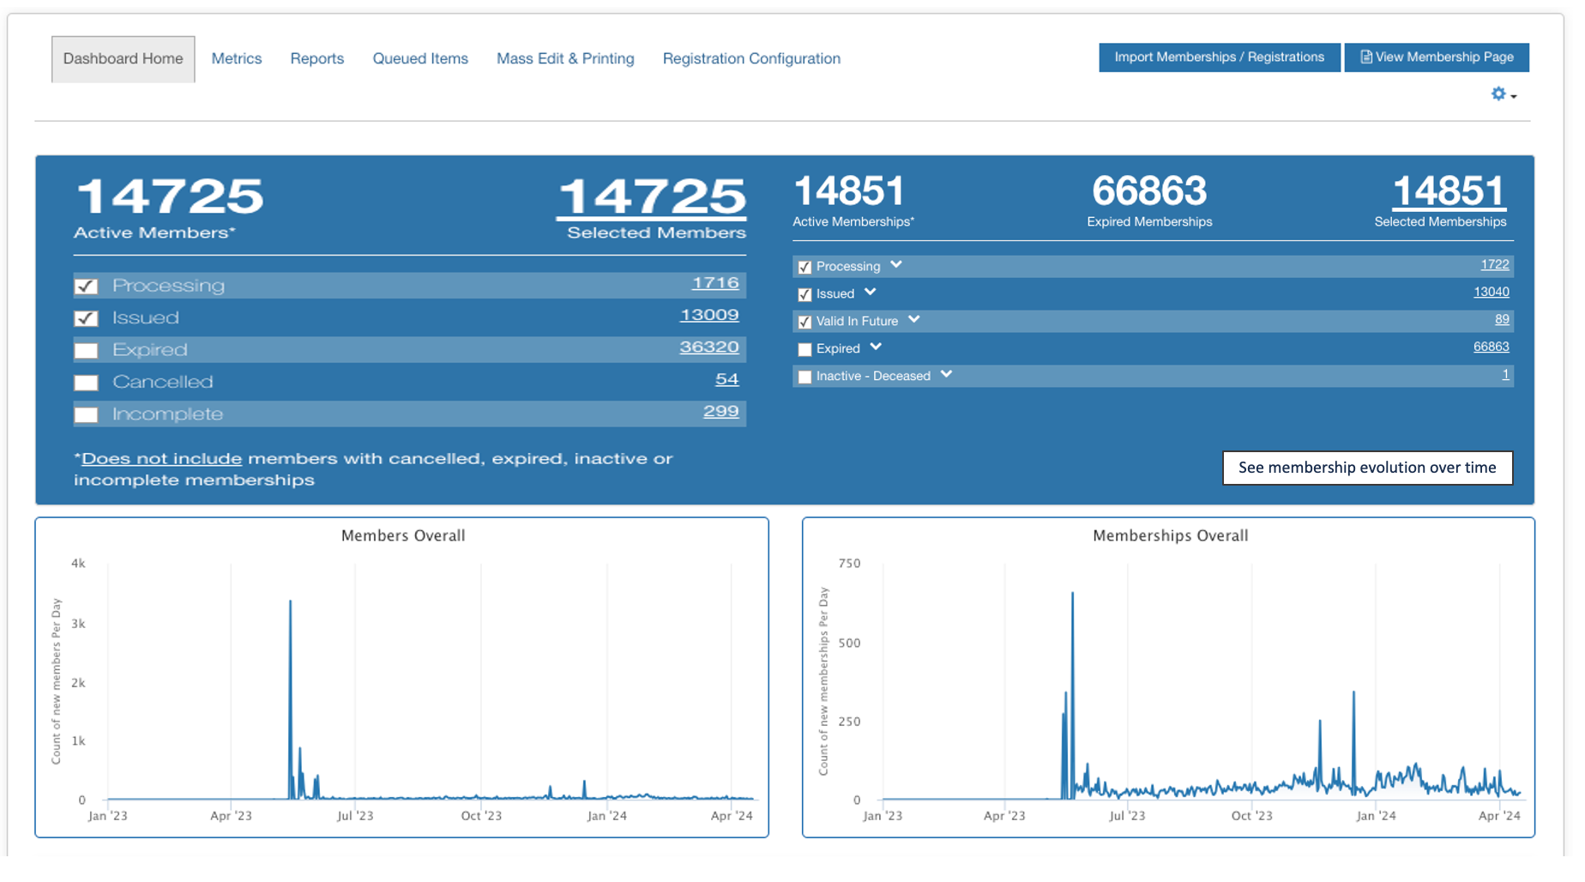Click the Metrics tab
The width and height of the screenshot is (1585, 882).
pyautogui.click(x=237, y=58)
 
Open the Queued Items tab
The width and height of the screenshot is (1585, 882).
pyautogui.click(x=420, y=58)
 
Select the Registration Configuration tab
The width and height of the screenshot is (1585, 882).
pyautogui.click(x=751, y=58)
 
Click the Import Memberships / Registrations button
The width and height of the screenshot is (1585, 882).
pyautogui.click(x=1219, y=57)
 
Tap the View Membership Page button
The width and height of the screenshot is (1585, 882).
pyautogui.click(x=1437, y=57)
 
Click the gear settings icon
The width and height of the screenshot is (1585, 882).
pyautogui.click(x=1498, y=94)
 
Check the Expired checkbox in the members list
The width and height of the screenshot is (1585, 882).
pyautogui.click(x=86, y=350)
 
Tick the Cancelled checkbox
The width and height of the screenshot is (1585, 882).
pyautogui.click(x=86, y=383)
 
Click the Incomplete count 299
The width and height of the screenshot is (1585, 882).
pyautogui.click(x=720, y=411)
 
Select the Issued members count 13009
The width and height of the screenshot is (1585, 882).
pyautogui.click(x=709, y=315)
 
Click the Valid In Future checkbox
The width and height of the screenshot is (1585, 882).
pyautogui.click(x=805, y=322)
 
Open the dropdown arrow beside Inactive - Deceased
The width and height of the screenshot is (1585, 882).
pyautogui.click(x=946, y=375)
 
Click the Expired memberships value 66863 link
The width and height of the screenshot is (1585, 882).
pyautogui.click(x=1491, y=347)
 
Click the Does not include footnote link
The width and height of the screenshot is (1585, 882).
pyautogui.click(x=161, y=458)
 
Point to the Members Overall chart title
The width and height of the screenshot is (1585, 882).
pyautogui.click(x=403, y=535)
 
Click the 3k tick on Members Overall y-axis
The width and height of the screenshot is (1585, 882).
pyautogui.click(x=79, y=624)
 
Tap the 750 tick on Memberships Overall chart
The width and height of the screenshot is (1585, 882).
pyautogui.click(x=849, y=564)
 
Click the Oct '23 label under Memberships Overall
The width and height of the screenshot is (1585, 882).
pyautogui.click(x=1251, y=816)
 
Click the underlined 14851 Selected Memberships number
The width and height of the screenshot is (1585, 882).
pyautogui.click(x=1449, y=191)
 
